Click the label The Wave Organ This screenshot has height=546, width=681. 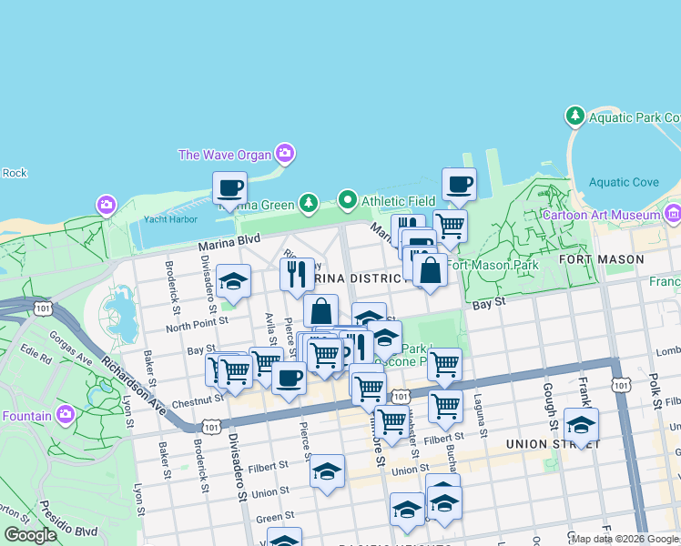pyautogui.click(x=226, y=154)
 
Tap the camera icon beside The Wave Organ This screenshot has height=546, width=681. pyautogui.click(x=286, y=153)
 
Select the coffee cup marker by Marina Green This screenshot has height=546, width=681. pyautogui.click(x=229, y=188)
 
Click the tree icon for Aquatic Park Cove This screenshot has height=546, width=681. pyautogui.click(x=574, y=116)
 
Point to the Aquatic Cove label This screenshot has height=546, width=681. pyautogui.click(x=623, y=182)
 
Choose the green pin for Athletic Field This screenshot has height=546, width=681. pyautogui.click(x=346, y=199)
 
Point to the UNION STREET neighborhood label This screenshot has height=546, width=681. pyautogui.click(x=553, y=444)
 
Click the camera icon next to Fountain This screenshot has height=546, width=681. pyautogui.click(x=65, y=415)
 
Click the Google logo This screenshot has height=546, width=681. pyautogui.click(x=30, y=535)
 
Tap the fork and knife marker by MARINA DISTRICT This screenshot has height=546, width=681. pyautogui.click(x=296, y=275)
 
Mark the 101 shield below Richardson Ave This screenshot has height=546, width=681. pyautogui.click(x=211, y=426)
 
